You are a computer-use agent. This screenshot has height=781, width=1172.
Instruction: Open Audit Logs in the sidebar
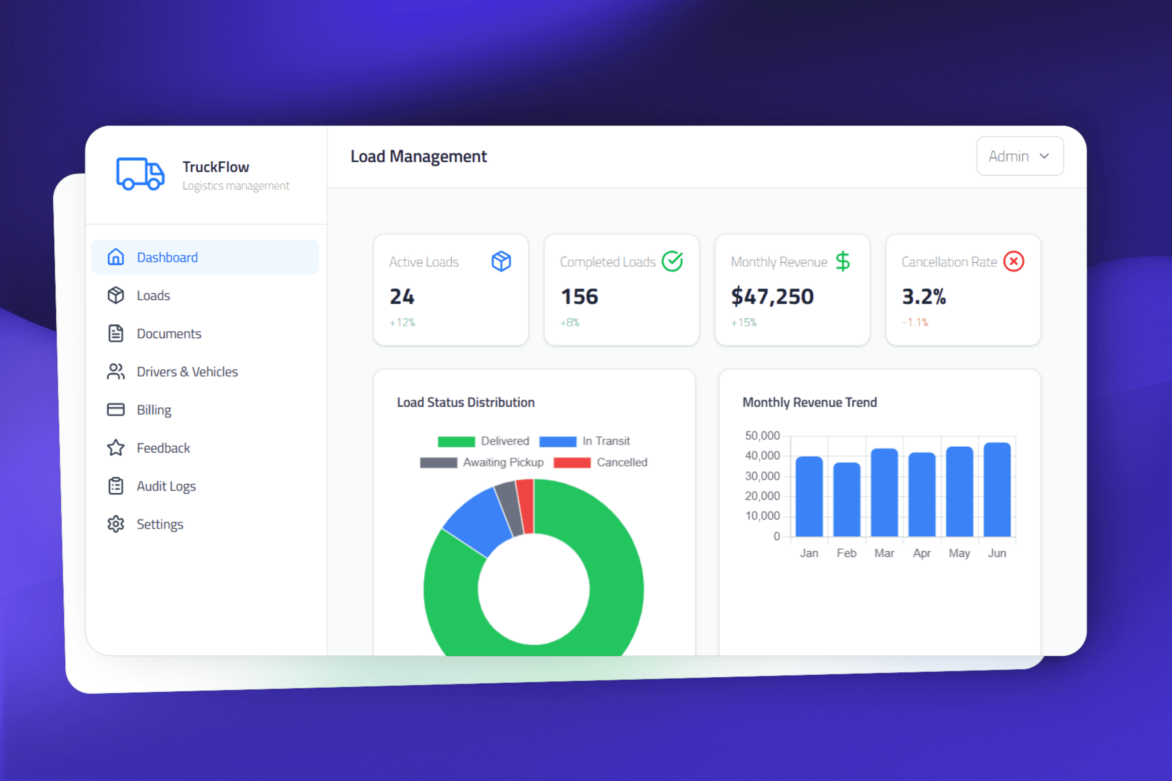[x=166, y=486]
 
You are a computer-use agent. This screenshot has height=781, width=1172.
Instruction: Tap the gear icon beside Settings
[x=116, y=524]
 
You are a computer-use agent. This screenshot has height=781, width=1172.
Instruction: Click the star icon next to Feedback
[x=116, y=448]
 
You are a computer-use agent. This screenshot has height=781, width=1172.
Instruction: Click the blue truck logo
[x=140, y=174]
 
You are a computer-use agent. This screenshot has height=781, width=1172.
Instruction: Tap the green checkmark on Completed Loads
[x=672, y=261]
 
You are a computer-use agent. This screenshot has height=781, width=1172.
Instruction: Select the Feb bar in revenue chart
[x=847, y=500]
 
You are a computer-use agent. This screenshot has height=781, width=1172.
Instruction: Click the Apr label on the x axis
[x=921, y=553]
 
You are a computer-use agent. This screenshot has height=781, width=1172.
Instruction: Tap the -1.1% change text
[x=915, y=322]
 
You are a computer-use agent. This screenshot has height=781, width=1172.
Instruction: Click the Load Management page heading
[x=418, y=157]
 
